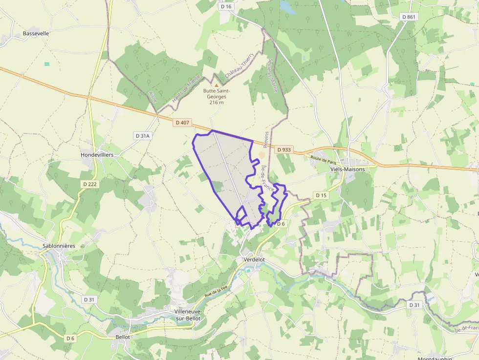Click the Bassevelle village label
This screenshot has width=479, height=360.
tap(36, 34)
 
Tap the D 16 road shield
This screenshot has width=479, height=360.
tap(226, 6)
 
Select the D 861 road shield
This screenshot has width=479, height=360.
tap(408, 17)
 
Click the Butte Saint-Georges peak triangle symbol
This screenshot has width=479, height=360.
tap(217, 85)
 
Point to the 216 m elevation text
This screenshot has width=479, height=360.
tap(217, 103)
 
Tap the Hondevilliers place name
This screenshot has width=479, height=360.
tap(97, 155)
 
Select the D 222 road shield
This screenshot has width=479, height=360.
tap(90, 184)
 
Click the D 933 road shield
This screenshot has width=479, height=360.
tap(284, 150)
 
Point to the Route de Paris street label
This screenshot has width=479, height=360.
tap(324, 159)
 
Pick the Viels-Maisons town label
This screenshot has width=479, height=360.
tap(348, 169)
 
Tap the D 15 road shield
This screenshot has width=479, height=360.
tap(321, 195)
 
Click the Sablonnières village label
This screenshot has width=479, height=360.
tap(59, 246)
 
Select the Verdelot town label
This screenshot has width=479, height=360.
tap(254, 260)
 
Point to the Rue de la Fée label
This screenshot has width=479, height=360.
tap(217, 292)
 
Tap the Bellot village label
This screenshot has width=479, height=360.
tap(123, 337)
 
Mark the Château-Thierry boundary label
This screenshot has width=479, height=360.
tap(239, 66)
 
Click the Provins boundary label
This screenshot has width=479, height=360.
tap(266, 139)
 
